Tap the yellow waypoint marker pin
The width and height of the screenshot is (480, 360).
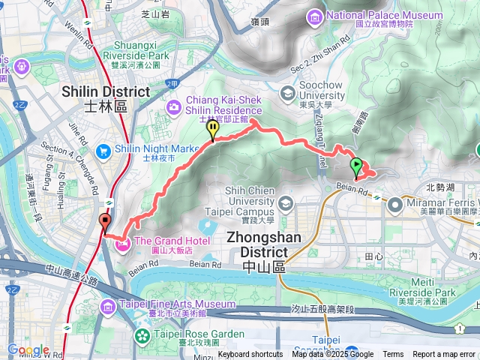(x=214, y=130)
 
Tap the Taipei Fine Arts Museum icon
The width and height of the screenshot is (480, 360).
(x=106, y=304)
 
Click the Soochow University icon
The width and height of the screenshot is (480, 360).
(x=287, y=93)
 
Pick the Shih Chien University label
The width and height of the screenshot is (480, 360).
(x=240, y=201)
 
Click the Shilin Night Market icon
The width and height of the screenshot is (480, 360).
(x=122, y=149)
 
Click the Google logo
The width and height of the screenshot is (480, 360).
(x=28, y=349)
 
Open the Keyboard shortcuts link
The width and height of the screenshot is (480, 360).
(x=250, y=355)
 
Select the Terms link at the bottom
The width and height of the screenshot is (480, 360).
(x=393, y=355)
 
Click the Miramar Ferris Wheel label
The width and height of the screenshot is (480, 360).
(x=442, y=202)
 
